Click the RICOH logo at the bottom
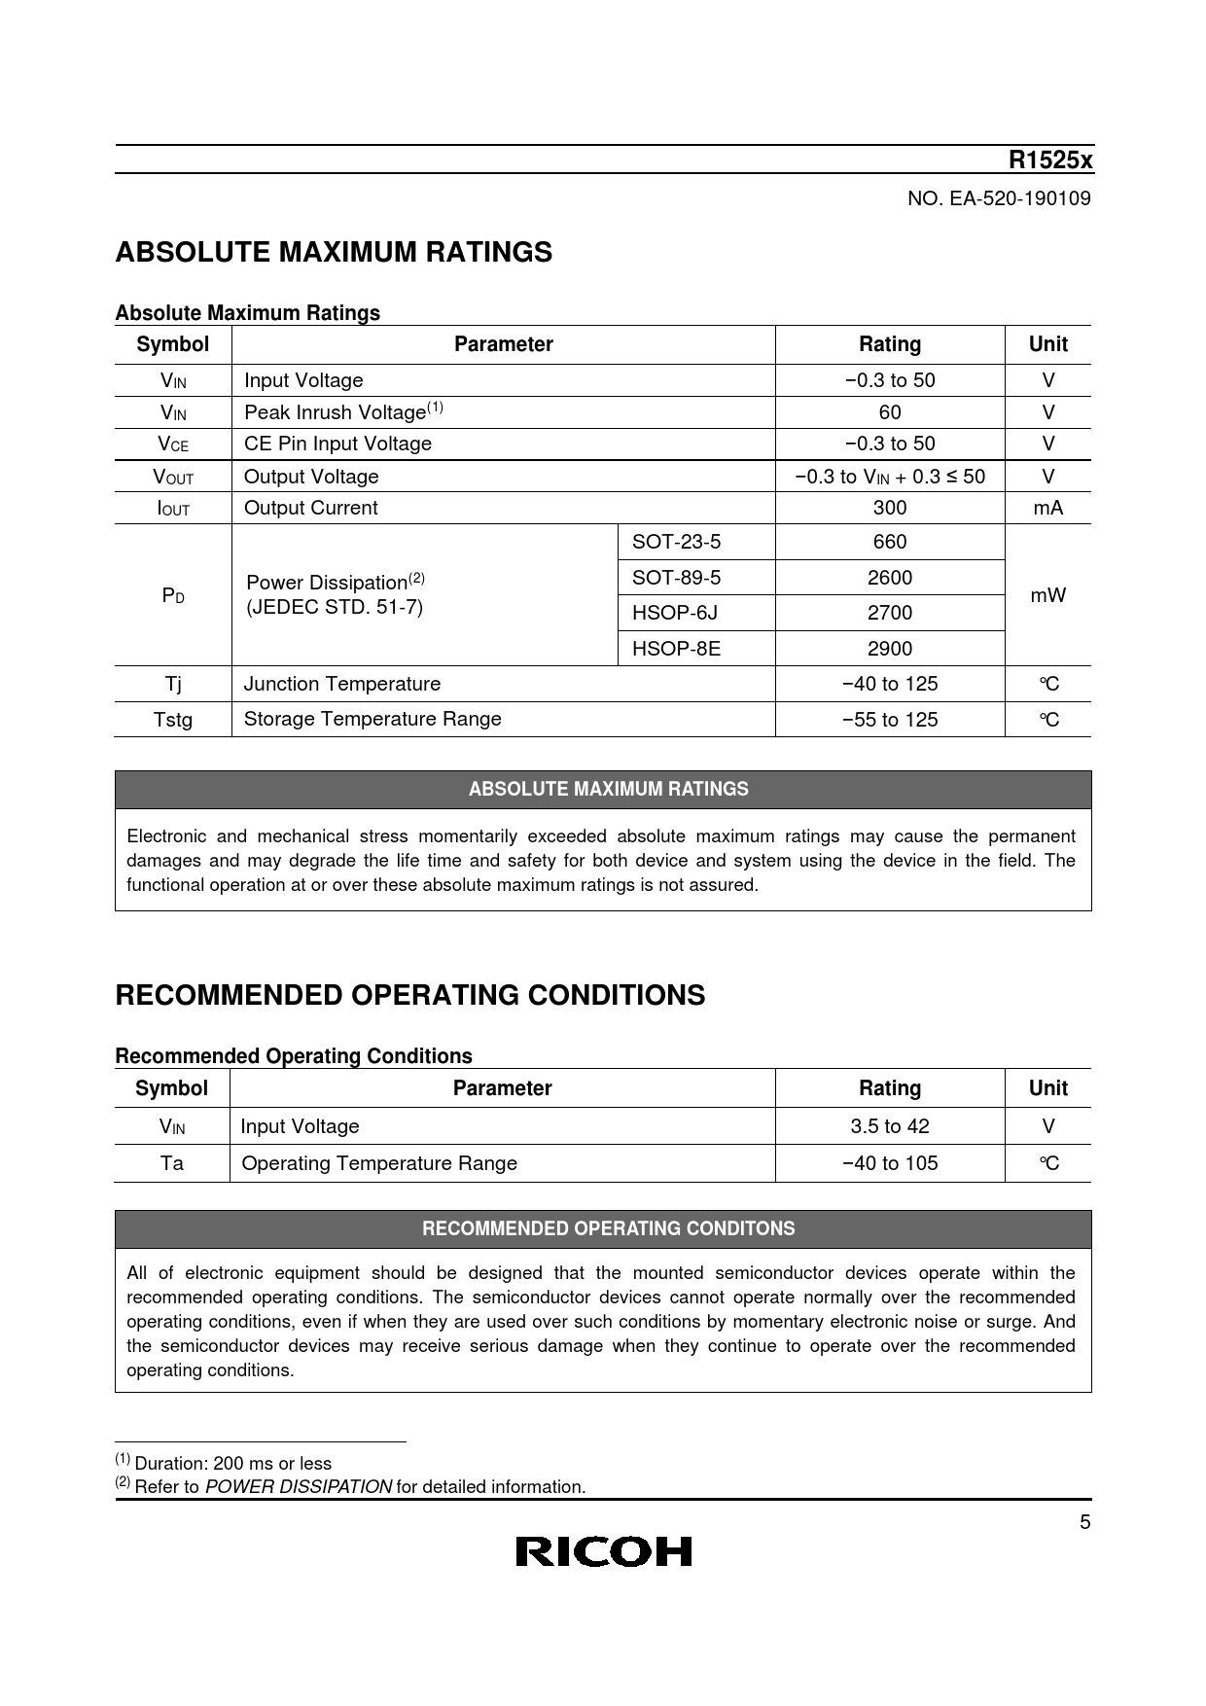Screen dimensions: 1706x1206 click(x=603, y=1551)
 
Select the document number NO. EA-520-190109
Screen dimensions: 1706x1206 click(x=999, y=199)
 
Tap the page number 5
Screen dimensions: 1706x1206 click(x=1085, y=1523)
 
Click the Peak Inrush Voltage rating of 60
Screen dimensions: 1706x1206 click(x=890, y=412)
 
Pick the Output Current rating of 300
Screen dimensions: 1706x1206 click(x=890, y=508)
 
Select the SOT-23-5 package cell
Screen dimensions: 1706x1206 click(x=677, y=542)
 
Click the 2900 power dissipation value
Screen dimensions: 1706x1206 click(x=890, y=649)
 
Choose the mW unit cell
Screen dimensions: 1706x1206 click(x=1047, y=595)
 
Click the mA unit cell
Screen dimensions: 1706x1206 click(x=1047, y=508)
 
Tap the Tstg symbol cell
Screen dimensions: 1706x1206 click(x=173, y=720)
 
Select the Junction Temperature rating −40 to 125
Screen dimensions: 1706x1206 click(x=890, y=684)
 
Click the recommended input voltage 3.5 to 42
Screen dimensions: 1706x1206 click(x=890, y=1126)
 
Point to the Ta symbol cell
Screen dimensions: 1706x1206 click(x=172, y=1163)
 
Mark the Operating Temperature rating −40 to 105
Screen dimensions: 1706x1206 click(x=890, y=1163)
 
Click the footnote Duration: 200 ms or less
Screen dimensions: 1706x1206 click(x=232, y=1464)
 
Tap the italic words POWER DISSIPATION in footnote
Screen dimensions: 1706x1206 click(x=299, y=1487)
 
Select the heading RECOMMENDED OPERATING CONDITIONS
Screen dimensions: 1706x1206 click(x=409, y=996)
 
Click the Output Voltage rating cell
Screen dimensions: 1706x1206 click(x=890, y=477)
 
